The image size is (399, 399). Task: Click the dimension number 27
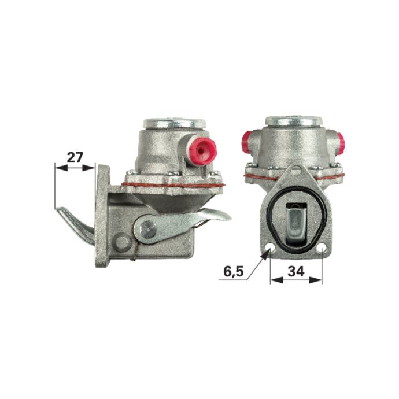coord(75,157)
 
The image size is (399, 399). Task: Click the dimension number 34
coord(296,272)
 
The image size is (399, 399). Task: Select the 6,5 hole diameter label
coord(234,272)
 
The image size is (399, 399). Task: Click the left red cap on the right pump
coord(246,142)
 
